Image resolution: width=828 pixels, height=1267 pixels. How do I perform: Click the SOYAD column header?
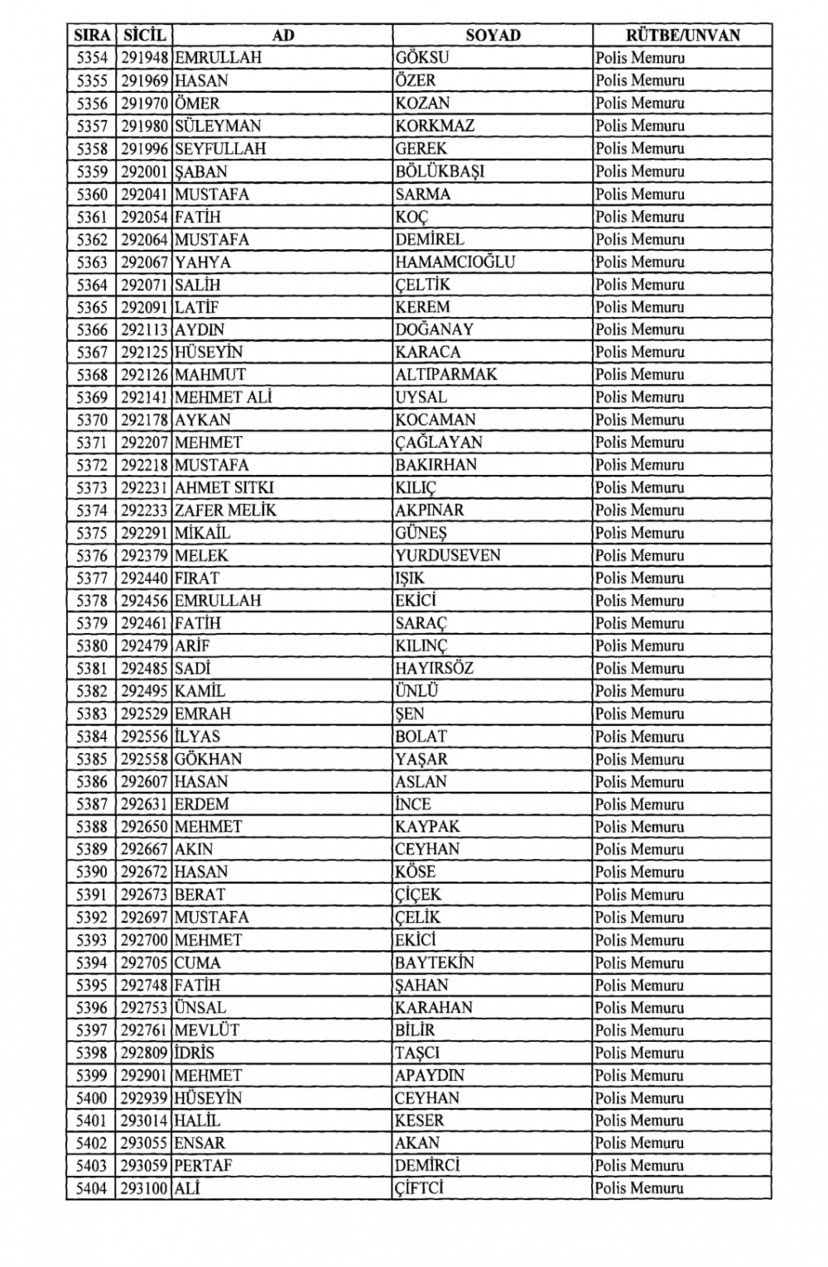click(493, 35)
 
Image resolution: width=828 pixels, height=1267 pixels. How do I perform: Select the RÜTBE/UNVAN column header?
click(682, 35)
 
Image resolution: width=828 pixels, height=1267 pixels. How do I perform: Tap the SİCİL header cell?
click(145, 35)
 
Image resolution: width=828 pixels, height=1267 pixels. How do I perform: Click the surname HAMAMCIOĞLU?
click(455, 262)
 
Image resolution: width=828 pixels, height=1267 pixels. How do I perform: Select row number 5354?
click(92, 58)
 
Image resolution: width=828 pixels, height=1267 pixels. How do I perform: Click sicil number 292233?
click(145, 510)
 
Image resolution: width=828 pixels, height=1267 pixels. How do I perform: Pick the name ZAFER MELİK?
click(225, 510)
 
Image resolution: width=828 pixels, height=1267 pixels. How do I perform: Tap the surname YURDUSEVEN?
click(447, 555)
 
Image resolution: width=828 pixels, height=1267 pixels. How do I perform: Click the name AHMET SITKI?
click(224, 487)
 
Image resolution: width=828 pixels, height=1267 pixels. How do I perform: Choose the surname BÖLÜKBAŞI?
click(440, 171)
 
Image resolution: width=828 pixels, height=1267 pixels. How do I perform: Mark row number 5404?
click(92, 1188)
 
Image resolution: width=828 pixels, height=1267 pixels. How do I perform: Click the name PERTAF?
click(203, 1165)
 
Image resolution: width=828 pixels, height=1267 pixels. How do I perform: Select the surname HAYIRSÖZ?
click(434, 668)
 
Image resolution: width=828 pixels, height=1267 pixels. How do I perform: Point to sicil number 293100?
click(145, 1188)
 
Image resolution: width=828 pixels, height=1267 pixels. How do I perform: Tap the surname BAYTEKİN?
click(434, 962)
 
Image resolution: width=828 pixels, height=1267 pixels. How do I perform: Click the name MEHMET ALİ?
click(223, 397)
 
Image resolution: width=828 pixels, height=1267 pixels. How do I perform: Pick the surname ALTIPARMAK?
click(445, 374)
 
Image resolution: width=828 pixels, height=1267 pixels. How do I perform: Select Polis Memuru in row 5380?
click(639, 645)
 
